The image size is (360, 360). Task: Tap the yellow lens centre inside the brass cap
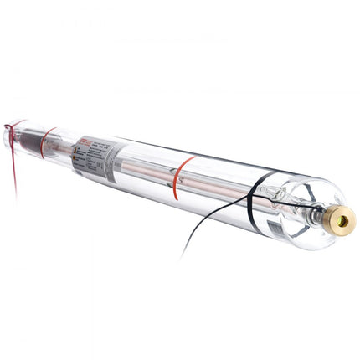pyautogui.click(x=343, y=221)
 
